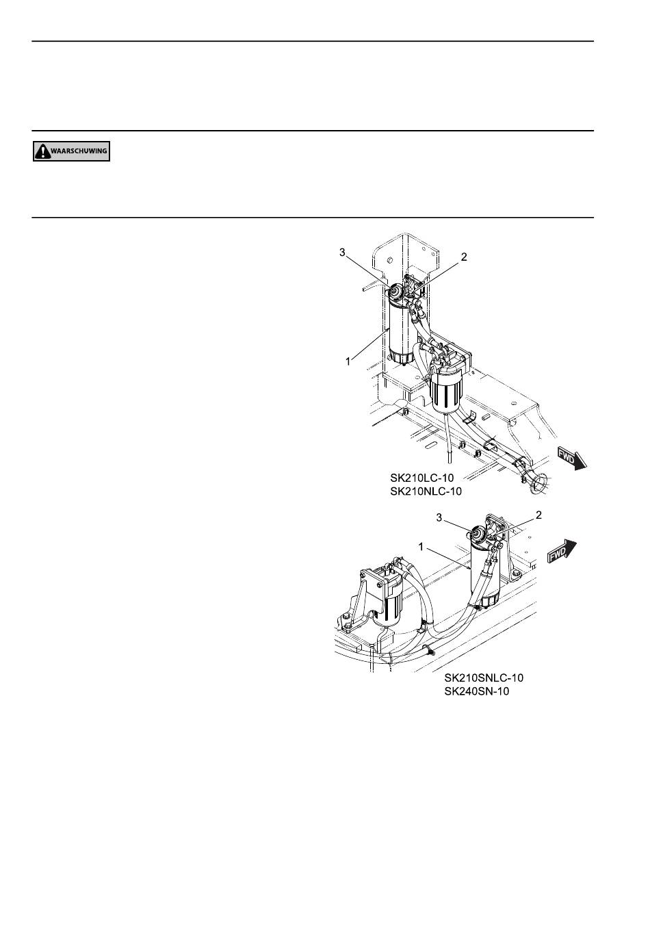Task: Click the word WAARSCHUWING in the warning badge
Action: click(x=79, y=151)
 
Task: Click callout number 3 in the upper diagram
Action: click(x=342, y=252)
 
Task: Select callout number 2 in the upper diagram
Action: click(x=464, y=257)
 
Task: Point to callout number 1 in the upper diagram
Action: click(x=348, y=362)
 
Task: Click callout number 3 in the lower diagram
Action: click(x=439, y=517)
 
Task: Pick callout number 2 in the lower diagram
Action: click(x=538, y=515)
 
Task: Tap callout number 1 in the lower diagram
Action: click(x=421, y=547)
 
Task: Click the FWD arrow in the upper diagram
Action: click(x=572, y=458)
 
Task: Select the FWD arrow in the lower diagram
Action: click(x=562, y=552)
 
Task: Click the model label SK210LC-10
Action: click(x=422, y=478)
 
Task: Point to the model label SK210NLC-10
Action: click(x=426, y=492)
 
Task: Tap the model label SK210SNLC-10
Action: click(x=484, y=678)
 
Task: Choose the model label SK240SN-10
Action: click(x=477, y=691)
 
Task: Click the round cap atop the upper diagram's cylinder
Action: click(x=395, y=292)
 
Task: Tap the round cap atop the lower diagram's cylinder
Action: click(x=478, y=534)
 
